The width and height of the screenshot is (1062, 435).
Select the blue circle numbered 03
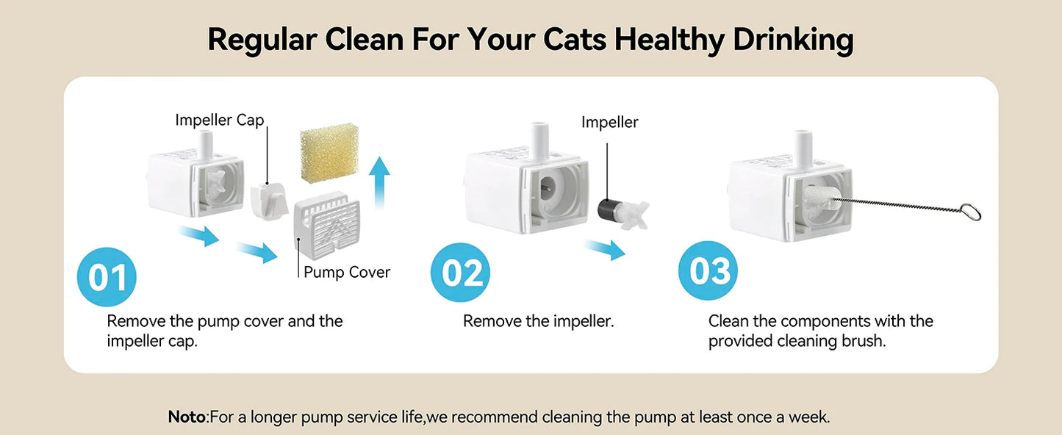tap(708, 272)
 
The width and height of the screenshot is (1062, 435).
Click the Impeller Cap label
tap(219, 120)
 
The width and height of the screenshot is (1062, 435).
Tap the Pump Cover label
tap(347, 273)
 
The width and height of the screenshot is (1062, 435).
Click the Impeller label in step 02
tap(609, 122)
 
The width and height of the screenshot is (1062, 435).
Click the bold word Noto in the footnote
tap(187, 417)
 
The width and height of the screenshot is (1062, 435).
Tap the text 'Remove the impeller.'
tap(538, 321)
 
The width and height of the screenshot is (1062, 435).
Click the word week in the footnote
tap(809, 417)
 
